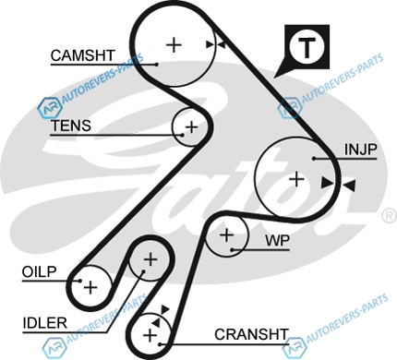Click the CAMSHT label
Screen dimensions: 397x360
82,55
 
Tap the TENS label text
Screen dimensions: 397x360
71,126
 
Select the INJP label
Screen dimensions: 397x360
360,150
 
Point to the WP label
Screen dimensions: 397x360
277,241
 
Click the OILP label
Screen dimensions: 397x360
40,271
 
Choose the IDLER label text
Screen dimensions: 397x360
45,323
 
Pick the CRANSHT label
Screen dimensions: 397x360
251,334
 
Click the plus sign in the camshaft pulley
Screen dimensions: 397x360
174,45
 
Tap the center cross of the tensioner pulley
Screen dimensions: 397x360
192,126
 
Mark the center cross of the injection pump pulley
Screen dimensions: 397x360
296,179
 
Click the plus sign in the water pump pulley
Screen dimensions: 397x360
227,235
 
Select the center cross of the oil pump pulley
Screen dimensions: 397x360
90,287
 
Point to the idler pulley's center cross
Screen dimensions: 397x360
150,260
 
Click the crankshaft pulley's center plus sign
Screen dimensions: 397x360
150,335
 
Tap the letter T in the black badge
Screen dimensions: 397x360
307,48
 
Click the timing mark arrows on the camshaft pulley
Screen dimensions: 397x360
215,45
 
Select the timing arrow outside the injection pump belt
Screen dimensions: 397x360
349,186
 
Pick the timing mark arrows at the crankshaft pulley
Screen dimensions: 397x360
161,316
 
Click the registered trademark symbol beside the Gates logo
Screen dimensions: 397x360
390,215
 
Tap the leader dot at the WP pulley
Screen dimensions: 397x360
232,249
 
